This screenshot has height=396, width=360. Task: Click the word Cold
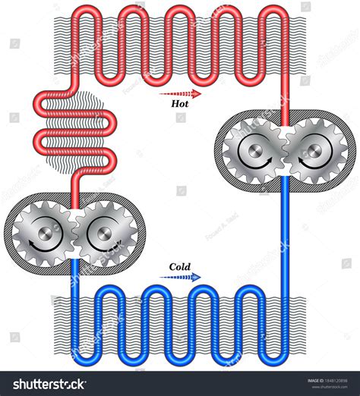(180, 267)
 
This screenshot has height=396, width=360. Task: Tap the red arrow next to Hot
(181, 95)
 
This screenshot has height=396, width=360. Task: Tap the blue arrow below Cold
(181, 278)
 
